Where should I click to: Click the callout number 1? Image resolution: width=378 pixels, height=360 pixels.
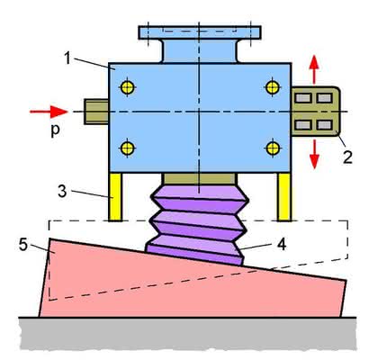click(x=67, y=58)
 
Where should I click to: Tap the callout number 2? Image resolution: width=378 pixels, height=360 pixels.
click(x=347, y=157)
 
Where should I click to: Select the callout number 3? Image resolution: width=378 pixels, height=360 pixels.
click(x=62, y=192)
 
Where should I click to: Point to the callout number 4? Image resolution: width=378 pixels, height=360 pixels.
click(x=282, y=245)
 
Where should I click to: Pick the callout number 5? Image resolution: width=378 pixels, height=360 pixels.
click(x=22, y=245)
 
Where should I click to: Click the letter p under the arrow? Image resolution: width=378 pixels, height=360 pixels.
click(x=55, y=130)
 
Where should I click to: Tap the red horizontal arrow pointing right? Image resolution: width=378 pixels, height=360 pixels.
click(x=49, y=112)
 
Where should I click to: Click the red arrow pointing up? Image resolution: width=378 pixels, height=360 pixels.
click(x=314, y=69)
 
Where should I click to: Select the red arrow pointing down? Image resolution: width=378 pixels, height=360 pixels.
click(x=314, y=154)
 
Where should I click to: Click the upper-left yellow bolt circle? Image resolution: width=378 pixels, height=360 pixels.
click(x=128, y=88)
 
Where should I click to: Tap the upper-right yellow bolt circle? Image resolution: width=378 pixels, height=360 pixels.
click(x=273, y=87)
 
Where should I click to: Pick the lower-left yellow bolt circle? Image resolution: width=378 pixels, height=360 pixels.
click(x=128, y=148)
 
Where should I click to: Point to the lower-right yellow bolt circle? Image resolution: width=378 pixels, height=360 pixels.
click(x=273, y=148)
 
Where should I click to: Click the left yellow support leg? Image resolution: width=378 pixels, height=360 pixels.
click(x=115, y=197)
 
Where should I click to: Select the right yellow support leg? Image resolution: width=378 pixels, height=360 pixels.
click(x=283, y=197)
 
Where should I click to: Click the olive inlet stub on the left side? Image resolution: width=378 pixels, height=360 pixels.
click(x=96, y=112)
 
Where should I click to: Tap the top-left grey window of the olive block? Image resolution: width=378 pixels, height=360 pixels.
click(x=302, y=98)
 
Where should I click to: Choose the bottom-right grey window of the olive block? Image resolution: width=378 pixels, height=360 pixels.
click(x=324, y=125)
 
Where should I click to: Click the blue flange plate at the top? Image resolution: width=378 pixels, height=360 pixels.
click(x=200, y=32)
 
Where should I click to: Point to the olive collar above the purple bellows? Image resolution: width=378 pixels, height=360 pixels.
click(x=200, y=179)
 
